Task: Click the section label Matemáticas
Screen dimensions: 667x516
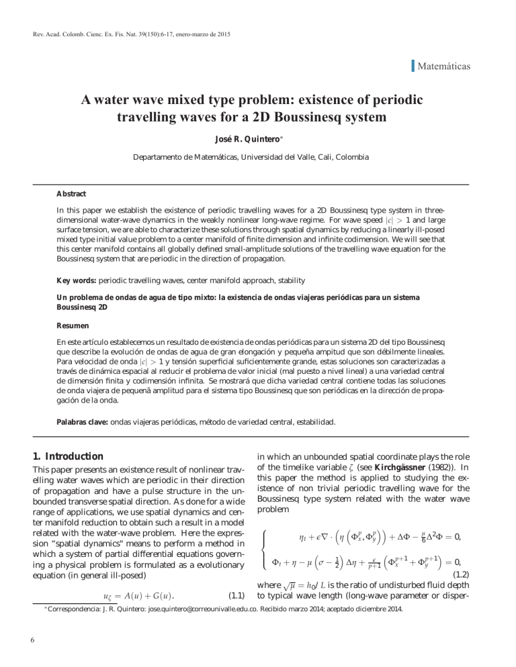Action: click(x=443, y=66)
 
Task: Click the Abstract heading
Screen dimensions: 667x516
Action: click(x=71, y=194)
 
